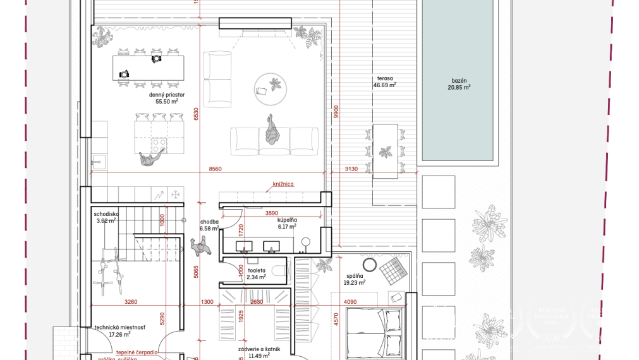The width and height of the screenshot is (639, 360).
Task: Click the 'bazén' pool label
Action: [x=459, y=81]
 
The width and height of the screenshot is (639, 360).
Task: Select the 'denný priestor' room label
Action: [x=167, y=95]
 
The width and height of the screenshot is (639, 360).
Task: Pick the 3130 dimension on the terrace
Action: [x=351, y=169]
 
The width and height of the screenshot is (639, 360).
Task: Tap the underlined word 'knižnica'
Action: [x=284, y=184]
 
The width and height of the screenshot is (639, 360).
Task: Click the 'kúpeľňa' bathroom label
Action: [x=288, y=219]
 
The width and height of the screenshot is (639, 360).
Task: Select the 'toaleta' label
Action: [x=257, y=270]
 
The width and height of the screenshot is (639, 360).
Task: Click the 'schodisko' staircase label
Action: [x=105, y=213]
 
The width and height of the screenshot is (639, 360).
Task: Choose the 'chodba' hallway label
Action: [x=209, y=222]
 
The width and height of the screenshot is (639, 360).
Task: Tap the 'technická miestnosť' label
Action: [x=120, y=327]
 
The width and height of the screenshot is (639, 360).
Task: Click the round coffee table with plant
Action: [x=269, y=87]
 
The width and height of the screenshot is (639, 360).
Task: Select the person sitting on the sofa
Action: [x=272, y=132]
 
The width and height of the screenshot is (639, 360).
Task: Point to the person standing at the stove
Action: [x=148, y=160]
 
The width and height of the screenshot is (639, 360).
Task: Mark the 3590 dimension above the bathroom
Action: [x=272, y=213]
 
